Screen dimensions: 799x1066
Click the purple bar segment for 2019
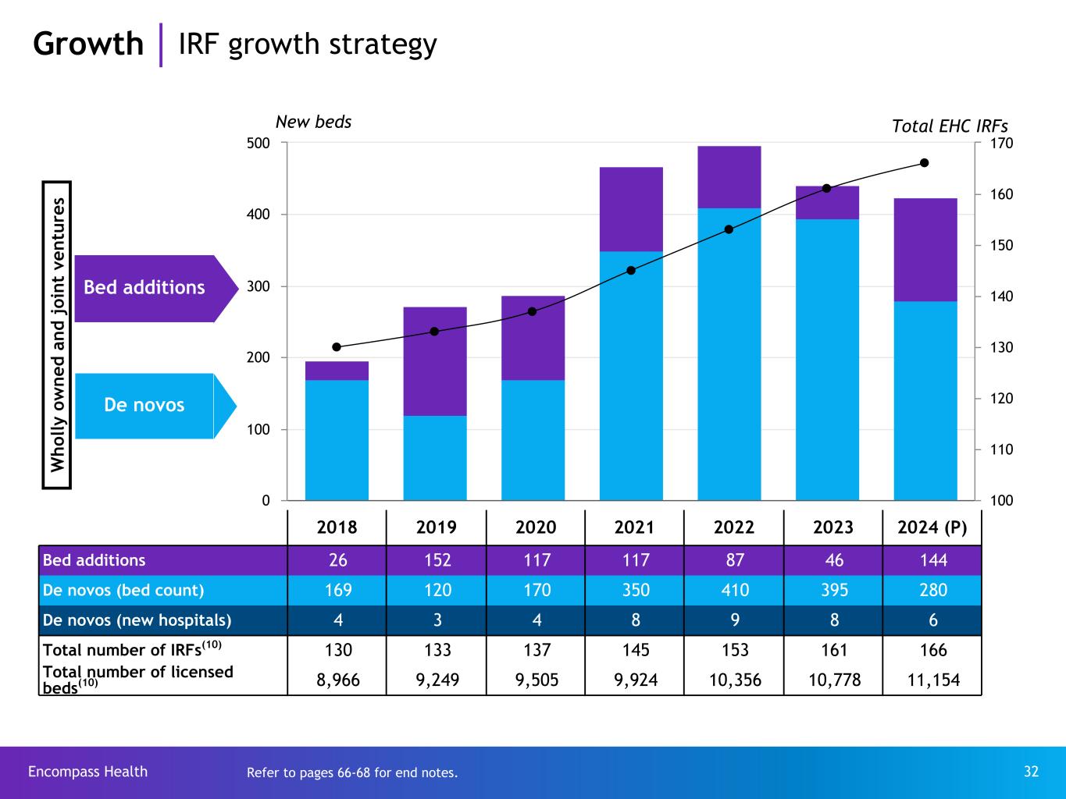tap(435, 361)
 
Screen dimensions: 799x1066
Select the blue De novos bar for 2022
tap(729, 353)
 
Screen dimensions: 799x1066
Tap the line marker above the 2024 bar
tap(925, 163)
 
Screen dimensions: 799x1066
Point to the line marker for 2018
tap(337, 347)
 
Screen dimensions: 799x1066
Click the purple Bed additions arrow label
tap(145, 288)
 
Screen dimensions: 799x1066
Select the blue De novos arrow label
tap(145, 405)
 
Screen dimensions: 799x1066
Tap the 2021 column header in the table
tap(634, 527)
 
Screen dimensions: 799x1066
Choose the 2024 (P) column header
tap(932, 527)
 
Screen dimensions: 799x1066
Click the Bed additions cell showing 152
tap(437, 560)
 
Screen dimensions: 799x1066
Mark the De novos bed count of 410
tap(734, 590)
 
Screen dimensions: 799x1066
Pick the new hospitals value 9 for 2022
tap(734, 620)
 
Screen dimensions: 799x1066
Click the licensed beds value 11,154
tap(932, 680)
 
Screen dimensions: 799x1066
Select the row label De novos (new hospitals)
tap(137, 620)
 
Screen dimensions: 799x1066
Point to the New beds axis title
tap(313, 122)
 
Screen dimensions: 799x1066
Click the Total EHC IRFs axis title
tap(950, 126)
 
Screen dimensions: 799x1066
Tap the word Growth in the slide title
tap(88, 44)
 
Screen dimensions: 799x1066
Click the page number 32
tap(1031, 772)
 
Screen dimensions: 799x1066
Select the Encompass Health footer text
tap(87, 772)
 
